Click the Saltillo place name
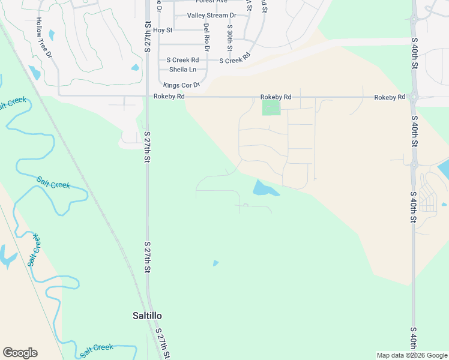(147, 316)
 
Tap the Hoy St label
(163, 30)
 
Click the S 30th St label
(229, 37)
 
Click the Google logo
(20, 353)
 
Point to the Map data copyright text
(412, 355)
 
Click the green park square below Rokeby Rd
(271, 108)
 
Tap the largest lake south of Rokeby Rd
(264, 188)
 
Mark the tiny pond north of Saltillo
(215, 263)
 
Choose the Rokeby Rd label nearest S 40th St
(390, 97)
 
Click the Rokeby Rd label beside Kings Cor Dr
(169, 97)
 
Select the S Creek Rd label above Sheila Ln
(182, 60)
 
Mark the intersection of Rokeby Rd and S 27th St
(148, 96)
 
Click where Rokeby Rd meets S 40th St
(414, 97)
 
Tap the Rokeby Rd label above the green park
(276, 97)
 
